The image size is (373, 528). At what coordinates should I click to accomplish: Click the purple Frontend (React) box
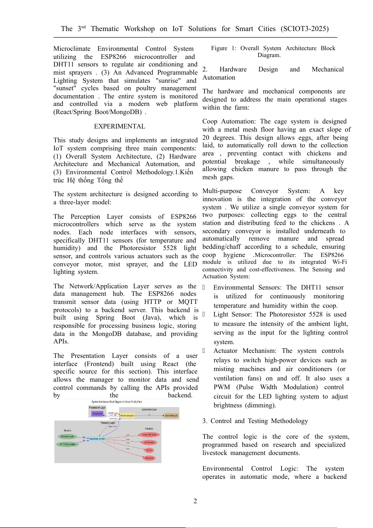click(x=97, y=414)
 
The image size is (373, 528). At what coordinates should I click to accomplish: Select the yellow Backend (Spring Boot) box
click(x=127, y=416)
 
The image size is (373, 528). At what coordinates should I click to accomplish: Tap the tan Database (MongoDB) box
click(x=171, y=416)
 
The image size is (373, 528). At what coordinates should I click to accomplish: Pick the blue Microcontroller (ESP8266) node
click(x=97, y=439)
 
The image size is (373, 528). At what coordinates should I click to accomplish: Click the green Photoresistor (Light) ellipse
click(x=67, y=436)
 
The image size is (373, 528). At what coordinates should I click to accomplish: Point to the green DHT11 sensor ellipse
click(x=67, y=444)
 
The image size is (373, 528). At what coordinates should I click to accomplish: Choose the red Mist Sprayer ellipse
click(x=149, y=458)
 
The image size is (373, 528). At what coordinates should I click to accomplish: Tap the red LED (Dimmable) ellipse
click(x=149, y=442)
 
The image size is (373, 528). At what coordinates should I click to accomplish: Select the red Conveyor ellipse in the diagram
click(x=149, y=435)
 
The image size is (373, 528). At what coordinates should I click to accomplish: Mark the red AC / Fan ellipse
click(x=149, y=450)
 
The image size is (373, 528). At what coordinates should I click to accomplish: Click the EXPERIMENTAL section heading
click(x=120, y=126)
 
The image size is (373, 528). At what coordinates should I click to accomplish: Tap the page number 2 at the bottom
click(x=195, y=501)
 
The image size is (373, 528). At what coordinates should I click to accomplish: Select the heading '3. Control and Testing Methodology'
click(x=255, y=421)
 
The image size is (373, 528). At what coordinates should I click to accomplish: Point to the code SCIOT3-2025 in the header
click(x=304, y=29)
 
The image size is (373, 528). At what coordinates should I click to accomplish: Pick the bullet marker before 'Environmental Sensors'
click(x=204, y=287)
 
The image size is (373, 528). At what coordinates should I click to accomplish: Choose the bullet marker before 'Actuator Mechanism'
click(x=204, y=351)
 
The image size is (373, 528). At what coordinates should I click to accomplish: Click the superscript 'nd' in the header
click(x=84, y=27)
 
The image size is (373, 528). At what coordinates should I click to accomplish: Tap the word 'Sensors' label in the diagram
click(x=67, y=430)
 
